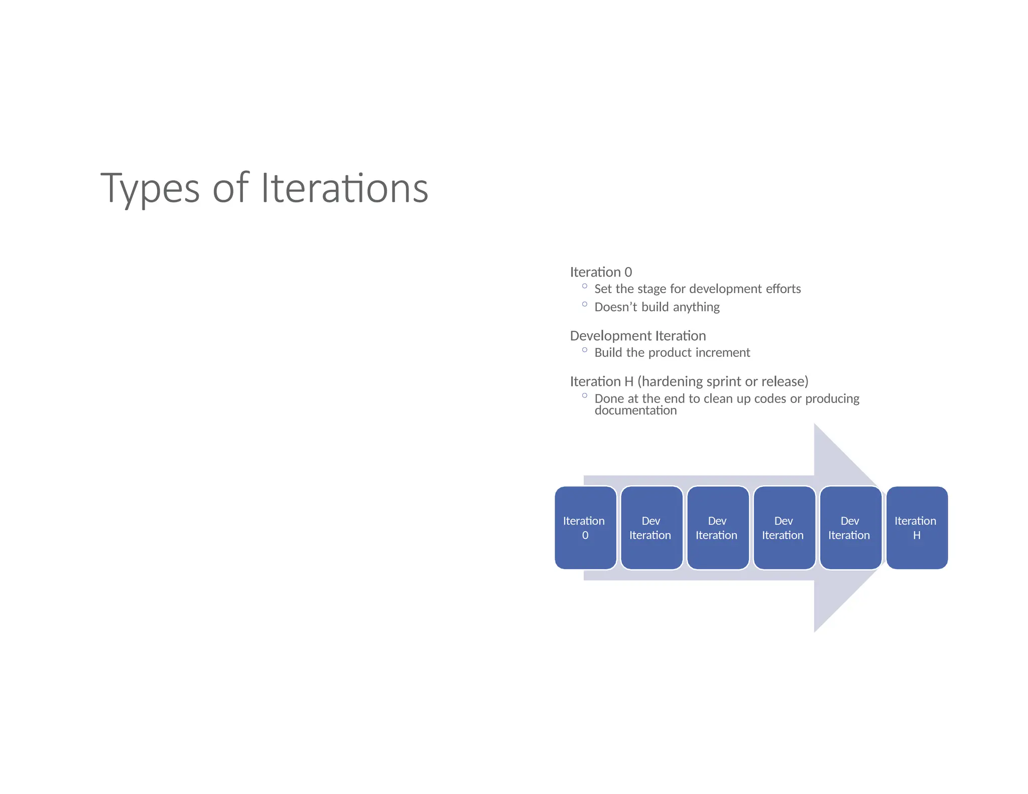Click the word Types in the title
point(150,189)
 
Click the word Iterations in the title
point(345,189)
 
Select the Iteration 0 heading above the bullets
point(601,272)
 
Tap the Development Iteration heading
point(637,336)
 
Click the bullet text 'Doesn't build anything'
point(657,307)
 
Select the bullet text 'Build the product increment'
point(672,352)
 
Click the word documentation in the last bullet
point(635,411)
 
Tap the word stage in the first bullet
point(652,289)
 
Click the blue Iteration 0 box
point(585,527)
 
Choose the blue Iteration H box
point(917,527)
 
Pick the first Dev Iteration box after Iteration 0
point(652,527)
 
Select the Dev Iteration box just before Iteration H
point(850,527)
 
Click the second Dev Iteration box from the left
point(718,527)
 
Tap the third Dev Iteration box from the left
point(784,527)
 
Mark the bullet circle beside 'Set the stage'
point(584,286)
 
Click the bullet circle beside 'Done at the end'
point(584,395)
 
